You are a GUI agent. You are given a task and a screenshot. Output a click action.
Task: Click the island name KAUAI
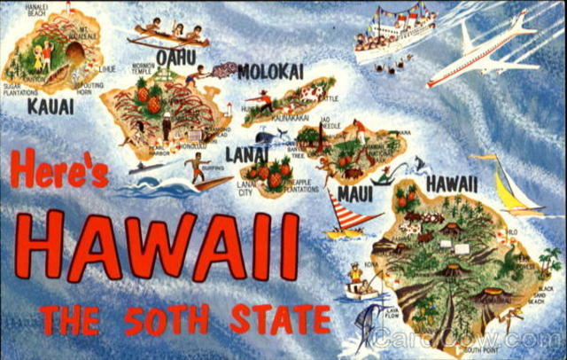coord(50,106)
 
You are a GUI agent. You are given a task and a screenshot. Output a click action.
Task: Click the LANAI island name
coord(246,154)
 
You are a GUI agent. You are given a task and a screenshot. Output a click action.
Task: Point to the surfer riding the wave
coord(197,168)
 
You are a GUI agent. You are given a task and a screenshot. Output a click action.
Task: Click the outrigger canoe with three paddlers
coord(168,35)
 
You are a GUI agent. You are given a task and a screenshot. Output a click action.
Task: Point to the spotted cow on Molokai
coord(311,91)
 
